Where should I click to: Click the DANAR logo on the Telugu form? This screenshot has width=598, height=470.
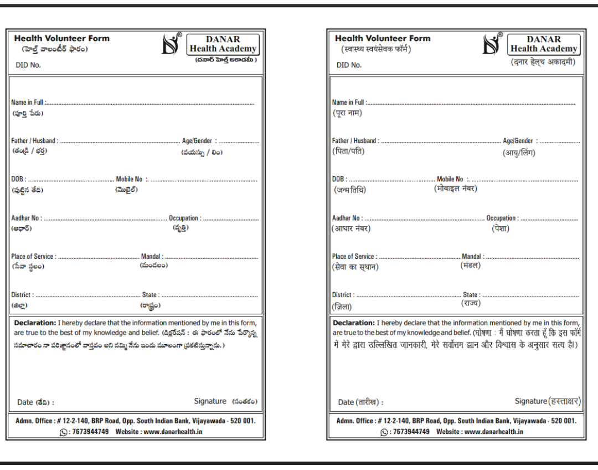pos(171,44)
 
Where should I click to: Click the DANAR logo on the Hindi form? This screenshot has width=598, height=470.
pos(492,44)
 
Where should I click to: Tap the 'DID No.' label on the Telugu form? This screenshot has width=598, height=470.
pos(28,65)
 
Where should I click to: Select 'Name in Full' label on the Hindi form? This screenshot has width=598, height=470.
pos(348,103)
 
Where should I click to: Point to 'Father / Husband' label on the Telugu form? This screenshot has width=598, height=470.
pos(34,141)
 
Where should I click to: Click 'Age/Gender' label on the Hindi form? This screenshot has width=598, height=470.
pos(518,141)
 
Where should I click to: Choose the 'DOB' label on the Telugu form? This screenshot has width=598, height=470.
pos(18,179)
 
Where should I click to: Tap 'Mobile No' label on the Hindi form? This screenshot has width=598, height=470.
pos(450,179)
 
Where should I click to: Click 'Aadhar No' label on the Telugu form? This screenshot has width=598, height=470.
pos(26,218)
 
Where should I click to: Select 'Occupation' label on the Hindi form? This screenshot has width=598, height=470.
pos(502,218)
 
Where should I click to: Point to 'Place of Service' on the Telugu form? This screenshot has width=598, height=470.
pos(33,257)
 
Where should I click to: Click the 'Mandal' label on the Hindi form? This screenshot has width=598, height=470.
pos(472,257)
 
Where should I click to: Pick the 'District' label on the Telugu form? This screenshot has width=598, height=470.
pos(22,295)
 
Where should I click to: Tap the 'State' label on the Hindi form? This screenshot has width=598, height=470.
pos(471,295)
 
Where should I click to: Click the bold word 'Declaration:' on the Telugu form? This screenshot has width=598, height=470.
pos(35,323)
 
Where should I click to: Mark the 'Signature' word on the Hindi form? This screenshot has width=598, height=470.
pos(530,401)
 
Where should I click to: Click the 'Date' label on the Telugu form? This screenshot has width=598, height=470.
pos(25,402)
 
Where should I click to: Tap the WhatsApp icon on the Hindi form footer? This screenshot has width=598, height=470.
pos(384,432)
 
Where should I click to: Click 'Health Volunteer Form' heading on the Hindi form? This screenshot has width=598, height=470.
pos(383,38)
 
